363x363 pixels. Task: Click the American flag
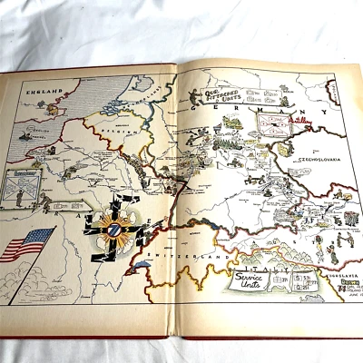tap(25, 244)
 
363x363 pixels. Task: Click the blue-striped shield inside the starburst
tap(108, 230)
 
